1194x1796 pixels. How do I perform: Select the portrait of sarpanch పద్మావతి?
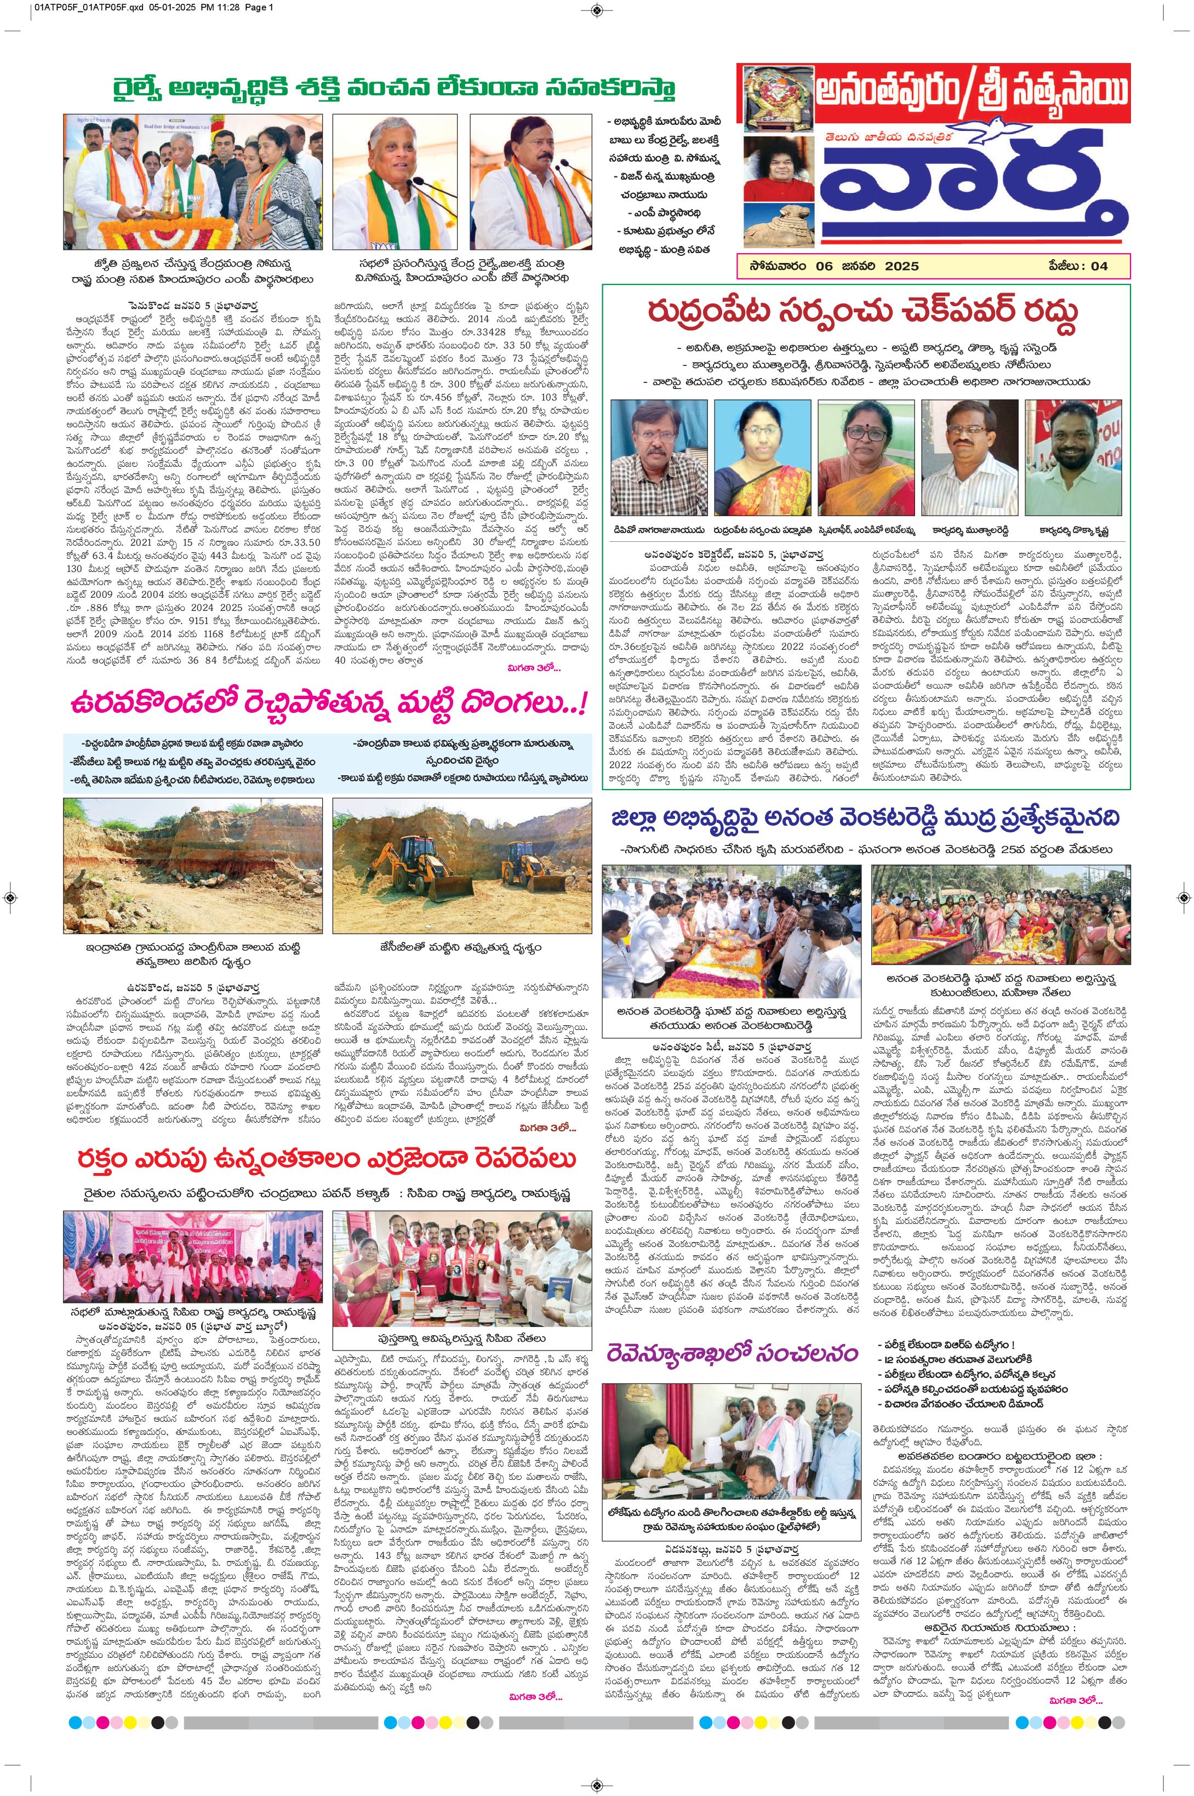click(762, 457)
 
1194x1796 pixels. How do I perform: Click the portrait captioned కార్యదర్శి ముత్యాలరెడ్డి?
click(969, 457)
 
